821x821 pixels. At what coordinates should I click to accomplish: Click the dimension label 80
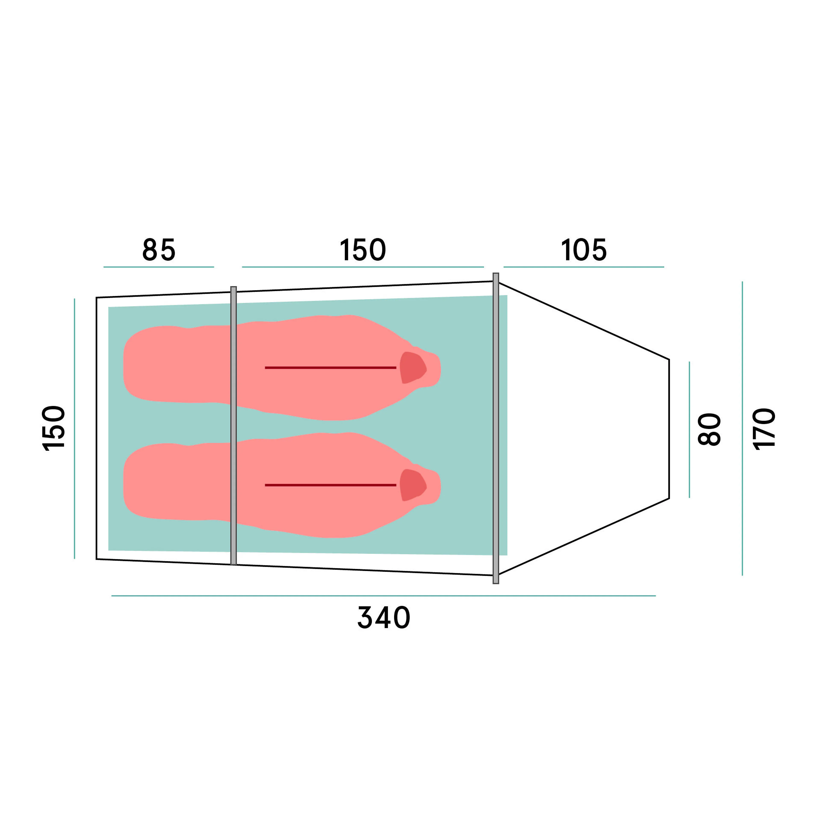click(710, 429)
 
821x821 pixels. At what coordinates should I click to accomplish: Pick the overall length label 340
click(384, 617)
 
